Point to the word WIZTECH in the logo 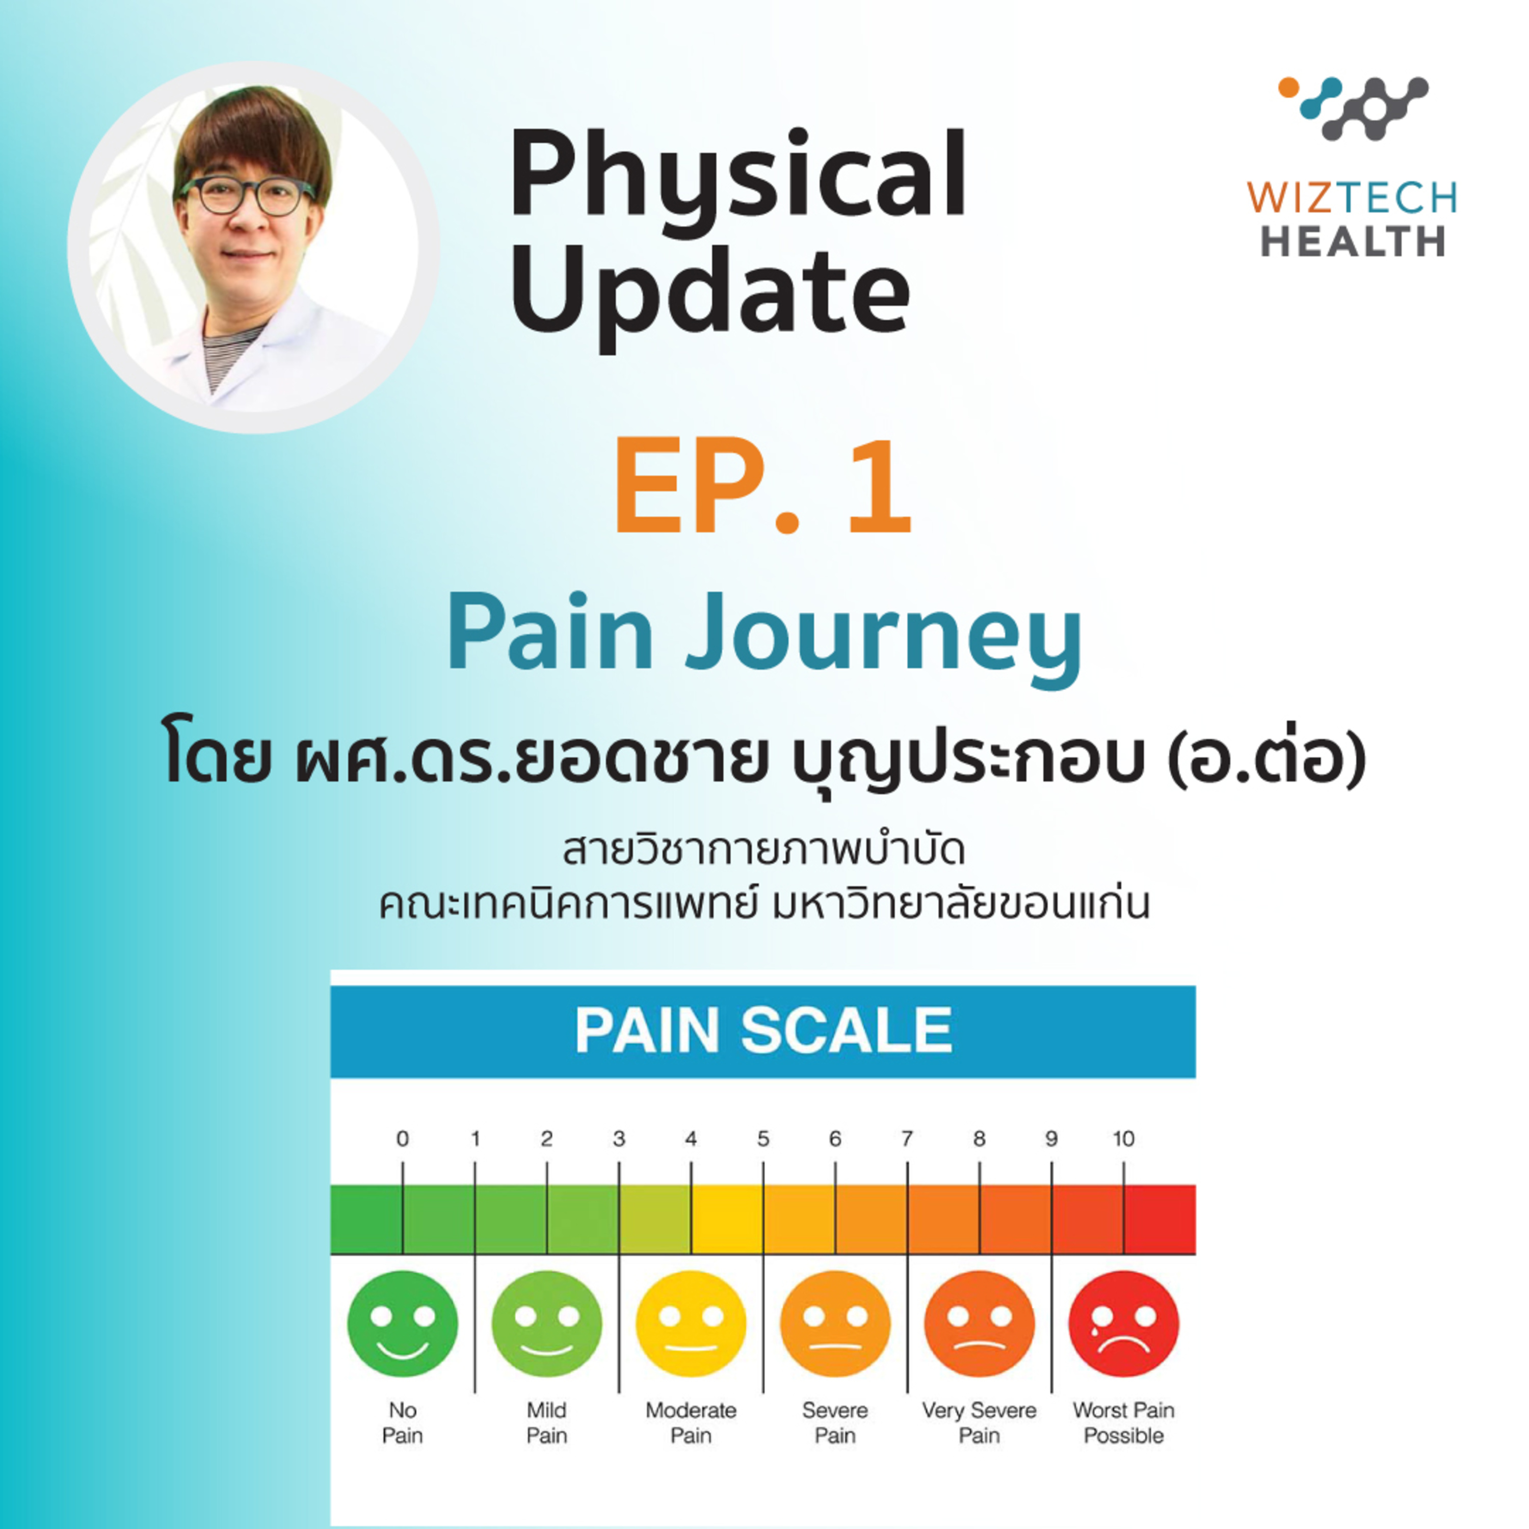click(x=1352, y=197)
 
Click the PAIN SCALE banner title click(x=763, y=1031)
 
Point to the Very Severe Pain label click(x=979, y=1423)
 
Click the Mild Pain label click(x=547, y=1423)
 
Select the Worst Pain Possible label click(x=1124, y=1423)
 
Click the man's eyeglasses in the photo click(x=248, y=196)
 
